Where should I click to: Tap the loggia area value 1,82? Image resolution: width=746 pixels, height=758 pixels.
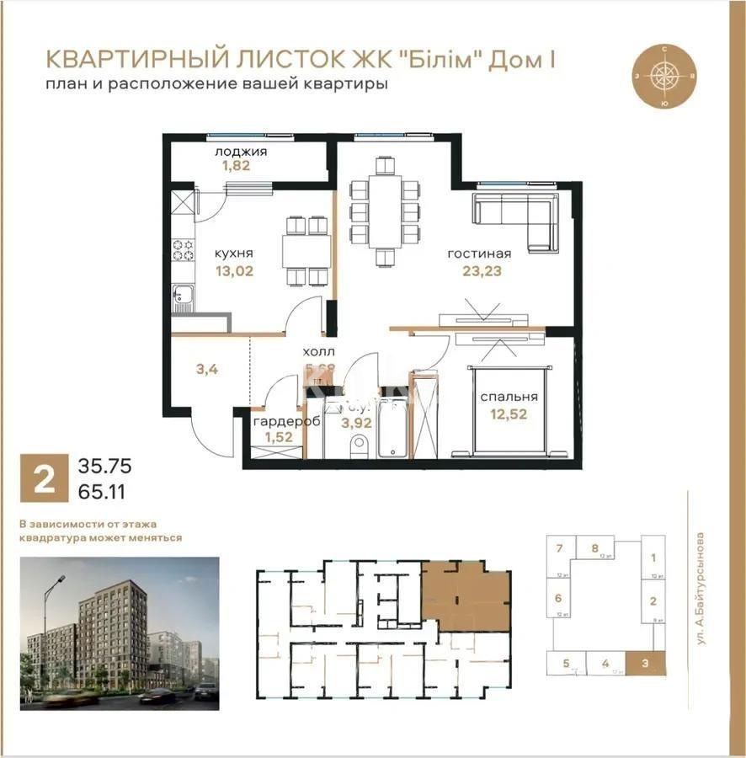(237, 167)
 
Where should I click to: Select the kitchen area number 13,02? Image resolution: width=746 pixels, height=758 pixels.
(234, 271)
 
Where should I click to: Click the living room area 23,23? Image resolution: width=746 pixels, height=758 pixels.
(481, 271)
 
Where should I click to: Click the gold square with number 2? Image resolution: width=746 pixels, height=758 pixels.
(42, 476)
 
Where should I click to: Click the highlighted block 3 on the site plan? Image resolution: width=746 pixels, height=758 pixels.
(644, 663)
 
